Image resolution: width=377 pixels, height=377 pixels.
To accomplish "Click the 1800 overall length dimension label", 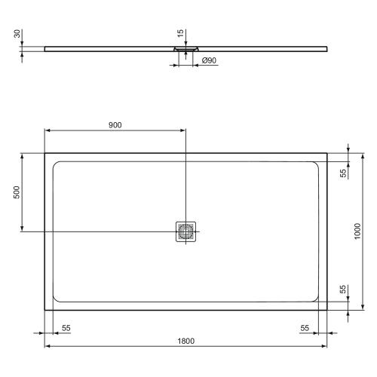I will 185,341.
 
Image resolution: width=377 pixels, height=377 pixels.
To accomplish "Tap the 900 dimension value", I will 115,124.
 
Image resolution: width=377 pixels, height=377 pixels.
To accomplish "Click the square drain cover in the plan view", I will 185,231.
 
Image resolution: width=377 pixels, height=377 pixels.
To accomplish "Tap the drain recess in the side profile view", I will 185,49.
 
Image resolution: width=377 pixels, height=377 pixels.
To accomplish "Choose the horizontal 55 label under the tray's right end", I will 305,328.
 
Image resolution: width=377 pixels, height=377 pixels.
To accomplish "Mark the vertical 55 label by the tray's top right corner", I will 343,173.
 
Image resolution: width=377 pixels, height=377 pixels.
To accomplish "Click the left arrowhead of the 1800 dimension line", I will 48,347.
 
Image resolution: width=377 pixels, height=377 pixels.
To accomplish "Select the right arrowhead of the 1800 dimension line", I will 324,347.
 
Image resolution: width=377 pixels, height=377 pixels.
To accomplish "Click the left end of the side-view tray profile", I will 46,48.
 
